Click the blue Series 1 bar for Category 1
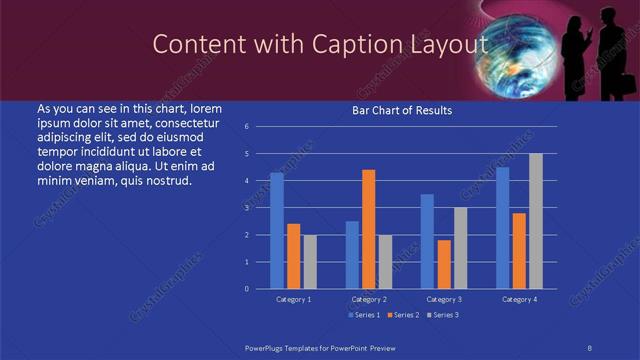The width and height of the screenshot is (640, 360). point(277,231)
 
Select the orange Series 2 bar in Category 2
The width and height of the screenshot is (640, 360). point(369,229)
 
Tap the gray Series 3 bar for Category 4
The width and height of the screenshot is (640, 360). point(536,221)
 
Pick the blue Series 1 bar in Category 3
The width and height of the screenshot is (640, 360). point(427,241)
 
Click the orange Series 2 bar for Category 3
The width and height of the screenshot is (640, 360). point(444,264)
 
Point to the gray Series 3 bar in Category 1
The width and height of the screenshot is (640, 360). point(310,262)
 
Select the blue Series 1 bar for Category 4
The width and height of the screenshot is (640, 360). point(503,228)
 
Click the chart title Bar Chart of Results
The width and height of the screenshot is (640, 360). point(401,110)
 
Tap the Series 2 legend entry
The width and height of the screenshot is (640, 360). point(401,315)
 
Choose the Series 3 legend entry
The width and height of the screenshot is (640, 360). point(442,315)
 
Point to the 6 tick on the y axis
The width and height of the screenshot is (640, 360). point(246,127)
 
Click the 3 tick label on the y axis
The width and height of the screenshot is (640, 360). point(246,208)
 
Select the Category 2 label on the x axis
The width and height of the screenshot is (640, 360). point(369,299)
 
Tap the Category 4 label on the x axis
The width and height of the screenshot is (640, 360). point(519,299)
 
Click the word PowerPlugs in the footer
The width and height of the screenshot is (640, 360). point(270,345)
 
